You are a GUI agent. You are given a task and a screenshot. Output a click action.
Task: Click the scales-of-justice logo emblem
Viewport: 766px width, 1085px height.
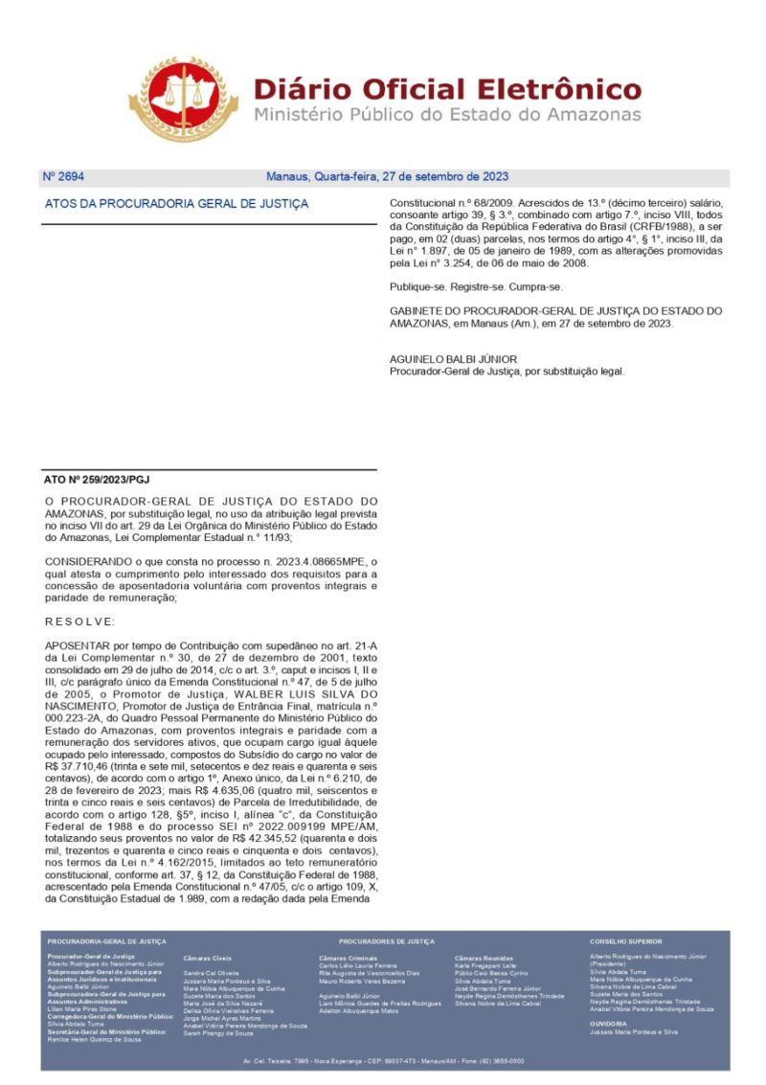pos(184,98)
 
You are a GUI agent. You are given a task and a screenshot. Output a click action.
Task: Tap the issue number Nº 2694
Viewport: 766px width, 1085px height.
pos(63,177)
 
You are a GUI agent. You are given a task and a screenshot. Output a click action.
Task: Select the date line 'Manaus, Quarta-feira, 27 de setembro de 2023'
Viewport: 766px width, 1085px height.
pos(386,177)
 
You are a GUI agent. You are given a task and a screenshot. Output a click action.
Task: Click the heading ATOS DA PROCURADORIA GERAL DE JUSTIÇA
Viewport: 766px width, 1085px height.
pos(177,204)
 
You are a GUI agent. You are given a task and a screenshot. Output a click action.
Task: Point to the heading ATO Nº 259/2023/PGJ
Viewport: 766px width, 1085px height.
pos(97,479)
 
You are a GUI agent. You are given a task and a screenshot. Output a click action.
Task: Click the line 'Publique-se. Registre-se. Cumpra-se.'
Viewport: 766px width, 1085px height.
pos(476,287)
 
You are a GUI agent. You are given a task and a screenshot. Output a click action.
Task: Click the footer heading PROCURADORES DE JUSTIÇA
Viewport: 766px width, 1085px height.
pos(386,941)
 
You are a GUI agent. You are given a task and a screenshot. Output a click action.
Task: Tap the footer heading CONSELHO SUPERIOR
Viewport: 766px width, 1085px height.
pos(625,941)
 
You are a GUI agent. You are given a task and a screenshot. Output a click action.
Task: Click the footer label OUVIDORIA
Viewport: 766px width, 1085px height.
pos(608,1024)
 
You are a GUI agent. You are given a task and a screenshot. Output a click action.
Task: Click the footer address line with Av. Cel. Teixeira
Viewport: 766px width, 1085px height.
pos(383,1061)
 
